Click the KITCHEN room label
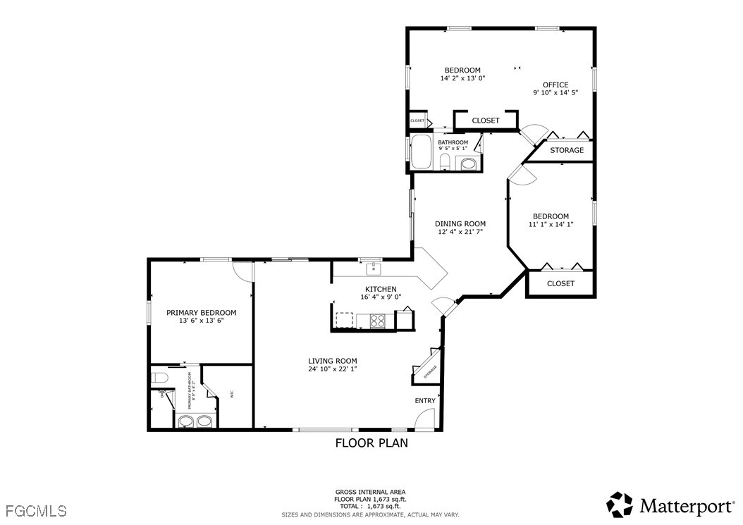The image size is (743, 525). [x=380, y=289]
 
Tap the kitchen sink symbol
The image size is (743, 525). [x=373, y=268]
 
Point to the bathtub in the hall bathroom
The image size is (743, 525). [x=421, y=152]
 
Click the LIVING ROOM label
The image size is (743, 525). [x=332, y=361]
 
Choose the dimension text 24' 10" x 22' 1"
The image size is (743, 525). [x=332, y=369]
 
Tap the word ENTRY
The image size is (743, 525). [x=425, y=401]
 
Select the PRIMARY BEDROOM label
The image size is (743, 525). [x=201, y=312]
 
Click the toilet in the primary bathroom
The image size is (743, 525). [x=159, y=378]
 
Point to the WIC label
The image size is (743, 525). [x=232, y=395]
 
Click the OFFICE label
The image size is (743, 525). [x=555, y=85]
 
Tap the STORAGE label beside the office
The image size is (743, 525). [x=567, y=150]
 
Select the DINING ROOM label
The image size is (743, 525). [x=460, y=223]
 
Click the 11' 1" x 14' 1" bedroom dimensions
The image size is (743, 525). [x=551, y=225]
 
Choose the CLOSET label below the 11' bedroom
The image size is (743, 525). [x=560, y=283]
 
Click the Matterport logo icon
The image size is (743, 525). [x=620, y=505]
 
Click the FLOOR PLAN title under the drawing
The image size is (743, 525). [x=371, y=443]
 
